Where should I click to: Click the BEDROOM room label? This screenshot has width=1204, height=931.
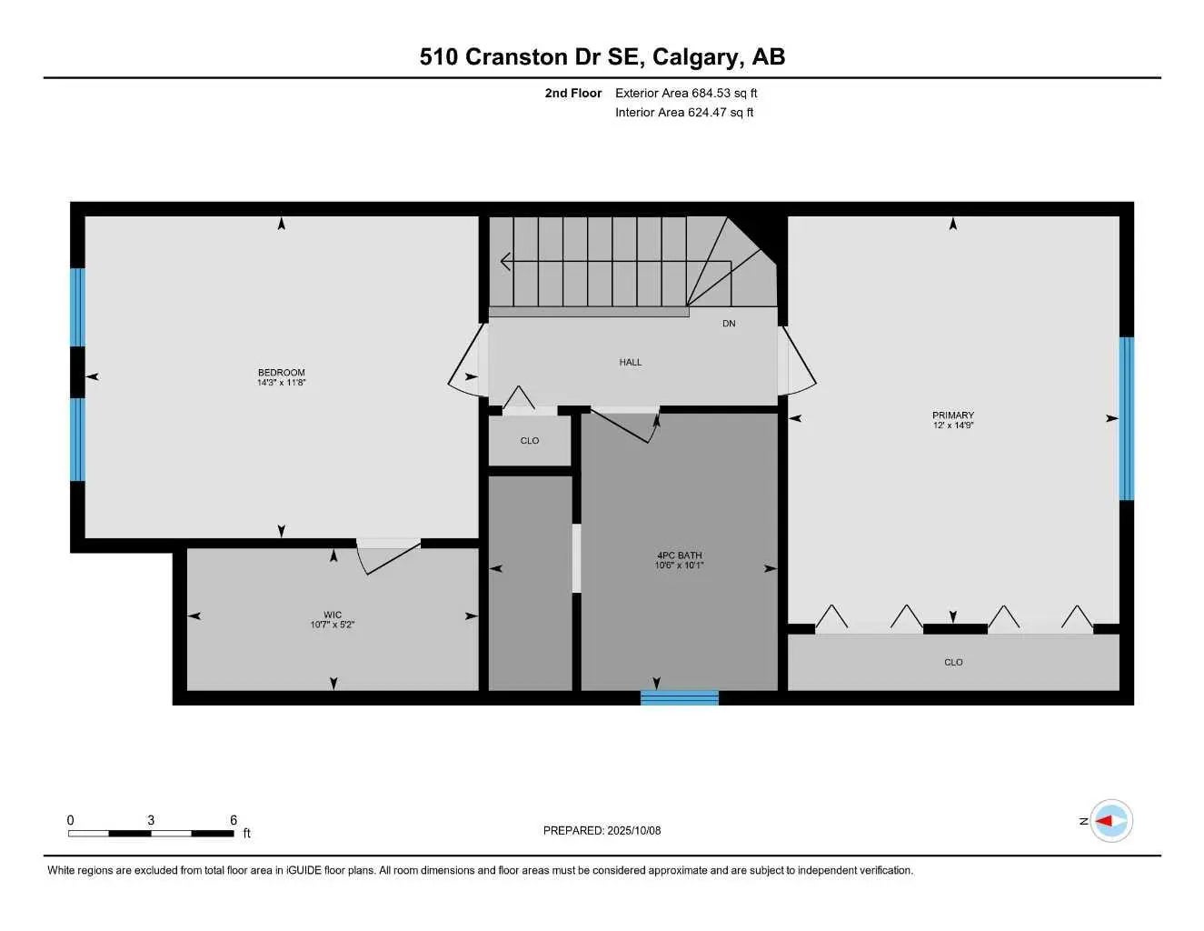[x=281, y=372]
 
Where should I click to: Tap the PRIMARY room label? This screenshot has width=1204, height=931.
[x=952, y=415]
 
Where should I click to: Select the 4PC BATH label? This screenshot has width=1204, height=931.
[x=679, y=555]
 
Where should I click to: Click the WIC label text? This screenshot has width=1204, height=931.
[x=333, y=615]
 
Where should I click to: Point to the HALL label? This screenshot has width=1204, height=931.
[x=630, y=362]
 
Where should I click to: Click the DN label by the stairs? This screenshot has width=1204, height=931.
[x=729, y=324]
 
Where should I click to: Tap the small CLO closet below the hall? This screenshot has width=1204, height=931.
[x=530, y=441]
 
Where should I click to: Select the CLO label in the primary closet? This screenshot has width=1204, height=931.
[x=953, y=662]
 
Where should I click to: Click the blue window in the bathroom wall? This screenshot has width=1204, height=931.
[x=679, y=697]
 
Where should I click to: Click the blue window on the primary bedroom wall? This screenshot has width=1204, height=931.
[x=1126, y=418]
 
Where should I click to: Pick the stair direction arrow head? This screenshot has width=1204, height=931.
[x=505, y=262]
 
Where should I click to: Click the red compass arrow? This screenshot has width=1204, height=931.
[x=1105, y=820]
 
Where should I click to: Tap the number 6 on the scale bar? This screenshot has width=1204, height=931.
[x=234, y=820]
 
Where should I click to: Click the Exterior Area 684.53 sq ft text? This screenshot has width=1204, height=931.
[x=686, y=93]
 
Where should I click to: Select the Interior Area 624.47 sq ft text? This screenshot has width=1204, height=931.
[x=684, y=113]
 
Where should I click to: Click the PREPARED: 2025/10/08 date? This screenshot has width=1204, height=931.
[x=602, y=830]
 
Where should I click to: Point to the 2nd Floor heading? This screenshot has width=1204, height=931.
[x=572, y=93]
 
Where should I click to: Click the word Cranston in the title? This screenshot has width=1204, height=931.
[x=516, y=56]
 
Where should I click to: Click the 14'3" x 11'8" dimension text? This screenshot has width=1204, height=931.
[x=281, y=383]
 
